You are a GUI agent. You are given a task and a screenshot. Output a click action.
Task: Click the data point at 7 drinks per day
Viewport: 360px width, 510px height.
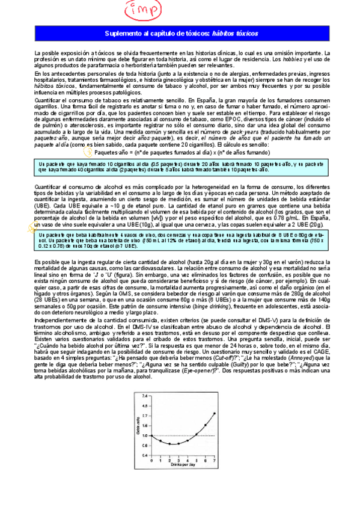click(215, 413)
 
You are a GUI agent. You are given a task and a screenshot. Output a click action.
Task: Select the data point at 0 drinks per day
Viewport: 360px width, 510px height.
click(151, 435)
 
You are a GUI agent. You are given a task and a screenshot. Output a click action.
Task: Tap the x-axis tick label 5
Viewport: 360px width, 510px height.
click(197, 461)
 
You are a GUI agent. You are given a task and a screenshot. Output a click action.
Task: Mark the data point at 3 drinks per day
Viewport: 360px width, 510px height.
click(178, 443)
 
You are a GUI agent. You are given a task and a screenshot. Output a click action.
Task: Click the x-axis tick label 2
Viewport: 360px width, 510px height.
click(169, 461)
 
